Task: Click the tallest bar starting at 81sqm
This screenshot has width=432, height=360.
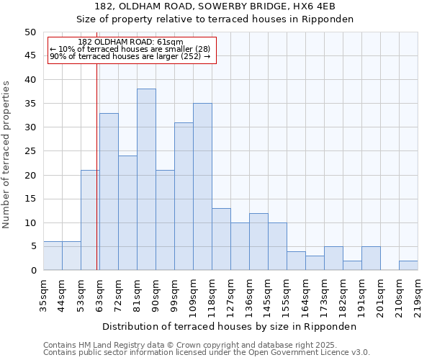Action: point(146,179)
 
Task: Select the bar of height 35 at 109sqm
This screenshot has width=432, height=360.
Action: point(202,186)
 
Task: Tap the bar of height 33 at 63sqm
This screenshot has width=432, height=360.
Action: point(109,192)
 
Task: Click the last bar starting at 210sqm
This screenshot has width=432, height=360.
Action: point(408,265)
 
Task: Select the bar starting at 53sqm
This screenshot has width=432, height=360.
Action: point(90,220)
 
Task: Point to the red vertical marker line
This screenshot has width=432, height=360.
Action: point(96,180)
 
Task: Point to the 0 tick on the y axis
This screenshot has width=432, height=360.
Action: point(32,271)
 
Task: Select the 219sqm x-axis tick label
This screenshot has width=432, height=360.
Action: point(418,296)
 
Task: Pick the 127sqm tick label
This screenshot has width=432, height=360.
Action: point(230,296)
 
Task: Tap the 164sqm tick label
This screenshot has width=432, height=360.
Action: point(305,296)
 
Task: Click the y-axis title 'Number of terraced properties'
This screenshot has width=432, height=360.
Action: point(6,155)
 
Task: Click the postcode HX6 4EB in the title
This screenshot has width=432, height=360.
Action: point(305,6)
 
